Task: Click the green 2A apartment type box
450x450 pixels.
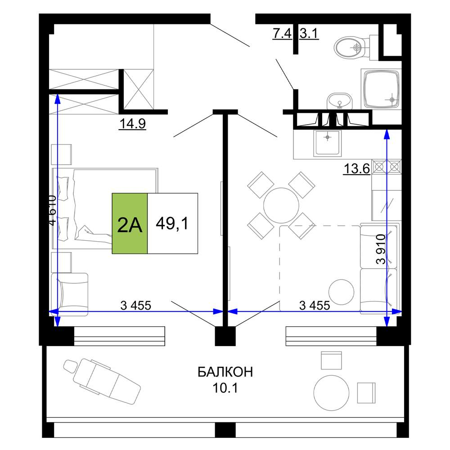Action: click(x=130, y=223)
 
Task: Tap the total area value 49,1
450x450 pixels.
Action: click(x=172, y=223)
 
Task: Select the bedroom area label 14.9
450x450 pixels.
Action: click(x=133, y=124)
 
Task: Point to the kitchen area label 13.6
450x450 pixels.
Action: click(x=357, y=168)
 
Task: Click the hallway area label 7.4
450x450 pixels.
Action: click(x=282, y=33)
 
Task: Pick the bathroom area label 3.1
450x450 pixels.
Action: click(x=309, y=33)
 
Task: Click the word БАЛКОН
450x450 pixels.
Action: click(x=225, y=372)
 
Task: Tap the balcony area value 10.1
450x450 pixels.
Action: click(x=225, y=388)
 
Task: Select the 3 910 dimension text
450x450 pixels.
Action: click(x=381, y=249)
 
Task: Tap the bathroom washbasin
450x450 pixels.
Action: click(x=339, y=101)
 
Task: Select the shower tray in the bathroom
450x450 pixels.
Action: click(x=381, y=89)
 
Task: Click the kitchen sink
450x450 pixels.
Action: click(x=328, y=143)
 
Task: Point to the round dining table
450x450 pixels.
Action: click(x=281, y=206)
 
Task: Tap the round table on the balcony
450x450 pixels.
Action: click(x=332, y=392)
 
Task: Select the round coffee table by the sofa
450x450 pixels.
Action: click(x=341, y=292)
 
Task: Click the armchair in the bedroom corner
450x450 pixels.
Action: click(x=69, y=294)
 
